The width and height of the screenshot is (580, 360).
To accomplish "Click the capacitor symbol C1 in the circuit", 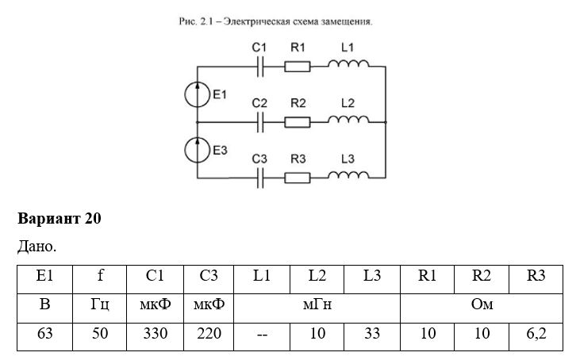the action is click(x=260, y=67).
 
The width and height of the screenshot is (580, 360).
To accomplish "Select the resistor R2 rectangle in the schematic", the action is click(x=297, y=122).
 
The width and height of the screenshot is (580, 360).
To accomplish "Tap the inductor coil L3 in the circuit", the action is click(x=348, y=174).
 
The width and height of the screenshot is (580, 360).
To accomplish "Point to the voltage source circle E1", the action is click(x=197, y=94).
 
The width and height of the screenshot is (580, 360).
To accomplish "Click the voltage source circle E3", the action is click(x=197, y=150).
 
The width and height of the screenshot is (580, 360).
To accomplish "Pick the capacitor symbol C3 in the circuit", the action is click(x=260, y=178).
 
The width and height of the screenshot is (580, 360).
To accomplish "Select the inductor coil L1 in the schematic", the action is click(x=348, y=63).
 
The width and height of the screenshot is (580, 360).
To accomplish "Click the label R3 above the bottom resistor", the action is click(x=298, y=159).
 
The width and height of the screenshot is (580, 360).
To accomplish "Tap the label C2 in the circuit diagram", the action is click(x=259, y=103).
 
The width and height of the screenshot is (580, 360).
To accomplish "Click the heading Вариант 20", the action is click(x=60, y=218).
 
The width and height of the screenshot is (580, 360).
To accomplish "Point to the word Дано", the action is click(x=36, y=246).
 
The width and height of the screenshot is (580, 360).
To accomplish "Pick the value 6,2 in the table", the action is click(x=536, y=333).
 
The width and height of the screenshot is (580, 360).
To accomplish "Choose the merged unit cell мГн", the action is click(x=317, y=308).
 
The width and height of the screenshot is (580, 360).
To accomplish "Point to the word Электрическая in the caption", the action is click(x=257, y=21).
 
